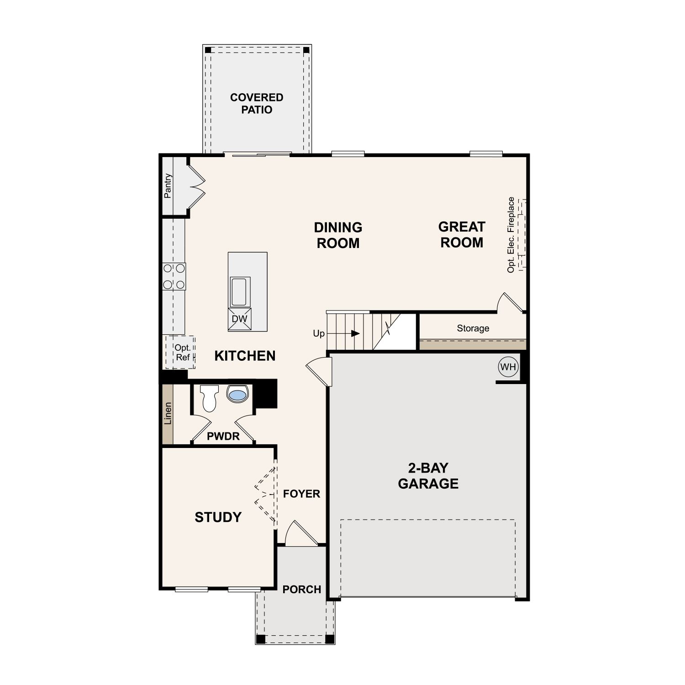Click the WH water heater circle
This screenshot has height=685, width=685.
[x=508, y=367]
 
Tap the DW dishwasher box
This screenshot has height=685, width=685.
[x=239, y=319]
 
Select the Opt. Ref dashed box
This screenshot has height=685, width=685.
[x=180, y=353]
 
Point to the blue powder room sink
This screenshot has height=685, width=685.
[x=237, y=394]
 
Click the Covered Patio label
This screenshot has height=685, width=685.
[x=257, y=103]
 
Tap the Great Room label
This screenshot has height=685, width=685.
[x=462, y=234]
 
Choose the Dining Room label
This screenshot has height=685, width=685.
[x=338, y=235]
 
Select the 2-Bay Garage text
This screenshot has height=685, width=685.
[x=428, y=475]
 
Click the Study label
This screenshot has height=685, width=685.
[x=218, y=517]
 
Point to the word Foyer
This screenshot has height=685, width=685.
[x=301, y=494]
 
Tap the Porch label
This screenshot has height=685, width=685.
[x=302, y=589]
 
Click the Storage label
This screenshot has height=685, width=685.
[x=473, y=328]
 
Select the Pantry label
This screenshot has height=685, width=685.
[x=168, y=186]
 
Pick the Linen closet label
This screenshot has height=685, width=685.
[x=168, y=413]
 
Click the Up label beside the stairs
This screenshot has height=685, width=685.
[x=319, y=333]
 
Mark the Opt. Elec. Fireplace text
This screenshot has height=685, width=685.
[x=511, y=235]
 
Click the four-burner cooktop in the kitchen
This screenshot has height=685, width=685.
[x=174, y=276]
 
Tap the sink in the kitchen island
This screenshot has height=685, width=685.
[x=239, y=292]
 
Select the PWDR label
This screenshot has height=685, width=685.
[x=223, y=436]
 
